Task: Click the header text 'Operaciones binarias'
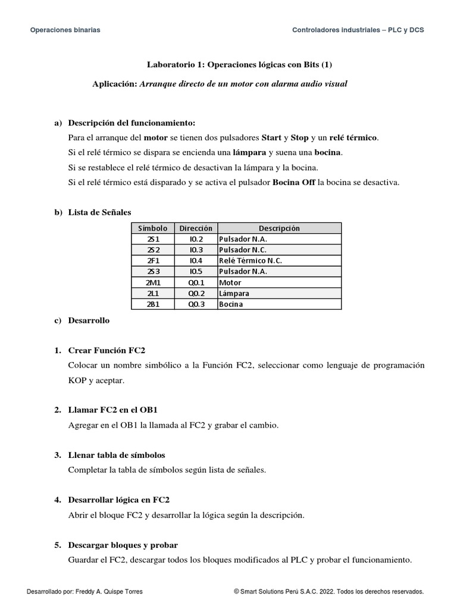point(65,30)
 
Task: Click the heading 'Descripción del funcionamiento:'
point(132,123)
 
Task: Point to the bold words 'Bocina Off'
point(294,182)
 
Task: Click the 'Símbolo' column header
point(153,228)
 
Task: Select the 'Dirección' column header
point(196,228)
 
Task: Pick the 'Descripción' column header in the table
point(279,228)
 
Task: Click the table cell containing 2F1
point(153,260)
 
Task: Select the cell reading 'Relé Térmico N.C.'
point(251,260)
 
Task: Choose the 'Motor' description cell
point(230,282)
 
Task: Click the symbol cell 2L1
point(153,293)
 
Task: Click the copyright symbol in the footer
point(236,592)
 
